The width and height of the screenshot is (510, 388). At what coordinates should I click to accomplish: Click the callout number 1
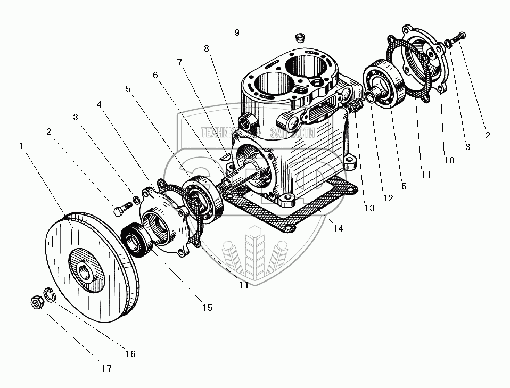click(x=21, y=145)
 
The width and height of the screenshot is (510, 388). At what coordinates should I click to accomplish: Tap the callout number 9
click(x=237, y=32)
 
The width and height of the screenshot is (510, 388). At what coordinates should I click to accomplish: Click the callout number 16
click(x=130, y=353)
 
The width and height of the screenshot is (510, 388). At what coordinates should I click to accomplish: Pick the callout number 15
click(x=207, y=307)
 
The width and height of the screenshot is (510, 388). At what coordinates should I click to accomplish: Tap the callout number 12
click(x=388, y=199)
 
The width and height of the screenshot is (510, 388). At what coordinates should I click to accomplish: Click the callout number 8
click(x=207, y=48)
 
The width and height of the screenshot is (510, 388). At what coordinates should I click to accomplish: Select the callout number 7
click(x=180, y=62)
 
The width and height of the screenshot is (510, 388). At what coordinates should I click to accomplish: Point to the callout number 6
click(x=155, y=75)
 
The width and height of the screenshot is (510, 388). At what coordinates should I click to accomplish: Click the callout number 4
click(x=99, y=104)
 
